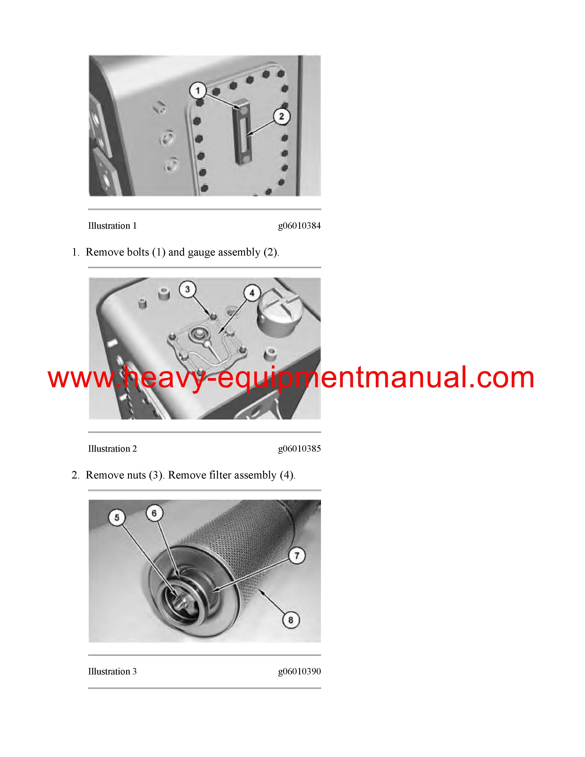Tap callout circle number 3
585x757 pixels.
[x=187, y=289]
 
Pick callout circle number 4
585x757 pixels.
[x=252, y=293]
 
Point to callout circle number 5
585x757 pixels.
[x=117, y=518]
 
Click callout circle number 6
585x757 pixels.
[x=154, y=513]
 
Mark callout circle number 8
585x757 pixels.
[x=291, y=620]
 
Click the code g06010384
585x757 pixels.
[x=299, y=226]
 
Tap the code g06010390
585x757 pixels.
[x=299, y=672]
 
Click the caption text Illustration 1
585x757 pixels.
[x=112, y=226]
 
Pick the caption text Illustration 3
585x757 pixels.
[x=112, y=672]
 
